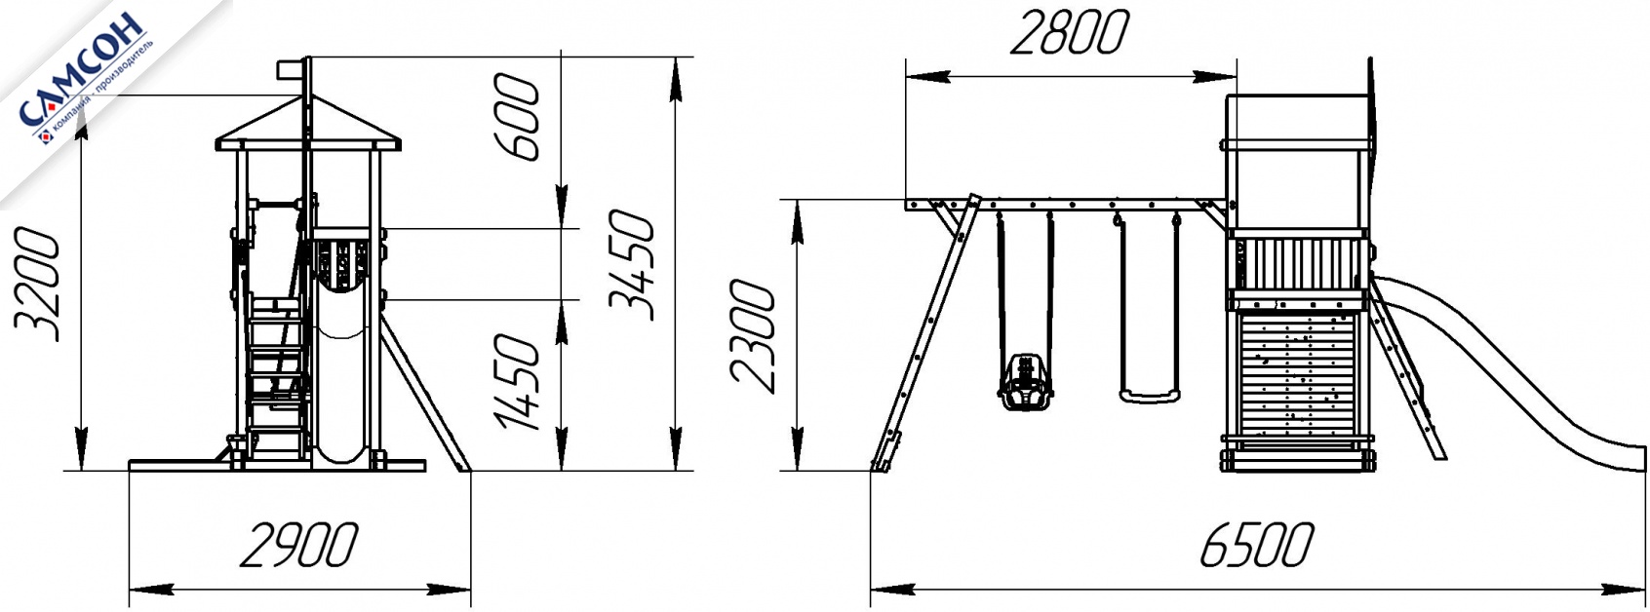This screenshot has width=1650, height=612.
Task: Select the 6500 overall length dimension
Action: pyautogui.click(x=1257, y=545)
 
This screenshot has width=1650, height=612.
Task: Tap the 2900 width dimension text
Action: pyautogui.click(x=299, y=546)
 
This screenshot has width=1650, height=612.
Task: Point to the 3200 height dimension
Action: pyautogui.click(x=37, y=286)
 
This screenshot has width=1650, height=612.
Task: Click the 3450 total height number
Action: pyautogui.click(x=631, y=265)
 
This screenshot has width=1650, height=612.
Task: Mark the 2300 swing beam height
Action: pyautogui.click(x=753, y=336)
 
